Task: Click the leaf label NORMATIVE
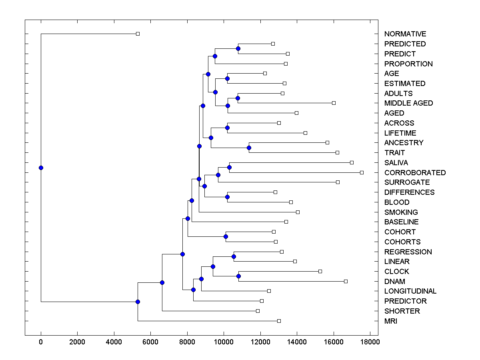[405, 34]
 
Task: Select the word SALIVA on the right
[396, 163]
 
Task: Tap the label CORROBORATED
[415, 173]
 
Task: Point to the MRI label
[391, 321]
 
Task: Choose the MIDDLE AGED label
[408, 103]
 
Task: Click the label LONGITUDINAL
[410, 291]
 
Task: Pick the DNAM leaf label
[394, 282]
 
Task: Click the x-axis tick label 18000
[370, 342]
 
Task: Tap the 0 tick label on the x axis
[41, 342]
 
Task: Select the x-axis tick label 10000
[224, 342]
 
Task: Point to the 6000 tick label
[150, 342]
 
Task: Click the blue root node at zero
[41, 168]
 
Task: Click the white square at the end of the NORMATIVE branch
[138, 34]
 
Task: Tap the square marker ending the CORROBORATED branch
[362, 172]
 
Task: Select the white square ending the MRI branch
[279, 321]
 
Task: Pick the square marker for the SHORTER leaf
[258, 311]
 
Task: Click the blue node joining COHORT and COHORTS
[226, 236]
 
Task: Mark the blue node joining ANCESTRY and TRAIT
[249, 148]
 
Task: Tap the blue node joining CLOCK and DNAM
[238, 276]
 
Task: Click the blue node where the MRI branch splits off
[138, 302]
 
